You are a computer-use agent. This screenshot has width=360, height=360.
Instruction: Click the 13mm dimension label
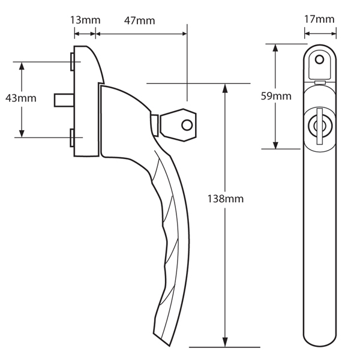[x=85, y=20]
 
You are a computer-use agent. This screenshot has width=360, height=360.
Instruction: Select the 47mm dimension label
[x=139, y=20]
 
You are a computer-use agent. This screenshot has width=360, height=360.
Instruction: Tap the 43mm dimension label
[x=20, y=97]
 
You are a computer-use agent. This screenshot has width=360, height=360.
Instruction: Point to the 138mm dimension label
[x=226, y=198]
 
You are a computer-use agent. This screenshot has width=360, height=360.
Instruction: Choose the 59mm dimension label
[x=277, y=96]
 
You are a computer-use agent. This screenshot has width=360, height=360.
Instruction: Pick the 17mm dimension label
[x=319, y=19]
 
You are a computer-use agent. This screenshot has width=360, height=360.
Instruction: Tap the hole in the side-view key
[x=188, y=125]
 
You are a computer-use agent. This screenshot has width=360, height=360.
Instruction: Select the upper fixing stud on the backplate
[x=71, y=61]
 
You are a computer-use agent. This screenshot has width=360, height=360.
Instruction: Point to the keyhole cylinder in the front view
[x=319, y=126]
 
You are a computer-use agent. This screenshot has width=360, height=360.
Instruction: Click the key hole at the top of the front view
[x=319, y=61]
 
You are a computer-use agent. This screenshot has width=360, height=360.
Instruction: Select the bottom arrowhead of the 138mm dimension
[x=226, y=343]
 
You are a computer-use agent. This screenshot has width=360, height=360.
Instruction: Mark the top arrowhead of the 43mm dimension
[x=22, y=65]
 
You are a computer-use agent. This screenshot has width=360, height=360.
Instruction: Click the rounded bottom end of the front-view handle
[x=319, y=343]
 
